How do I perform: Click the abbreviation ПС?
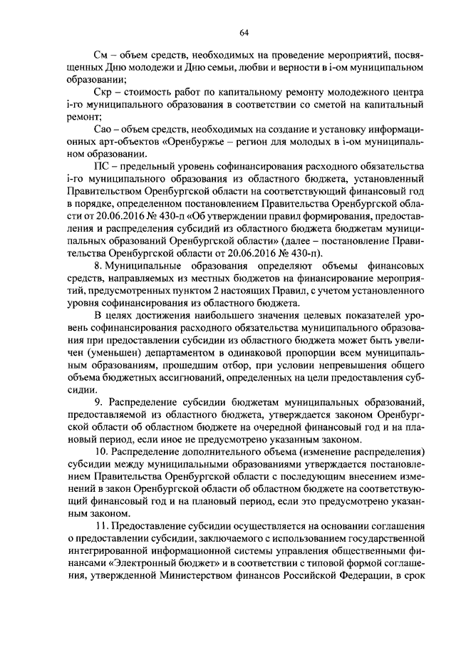pos(102,167)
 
